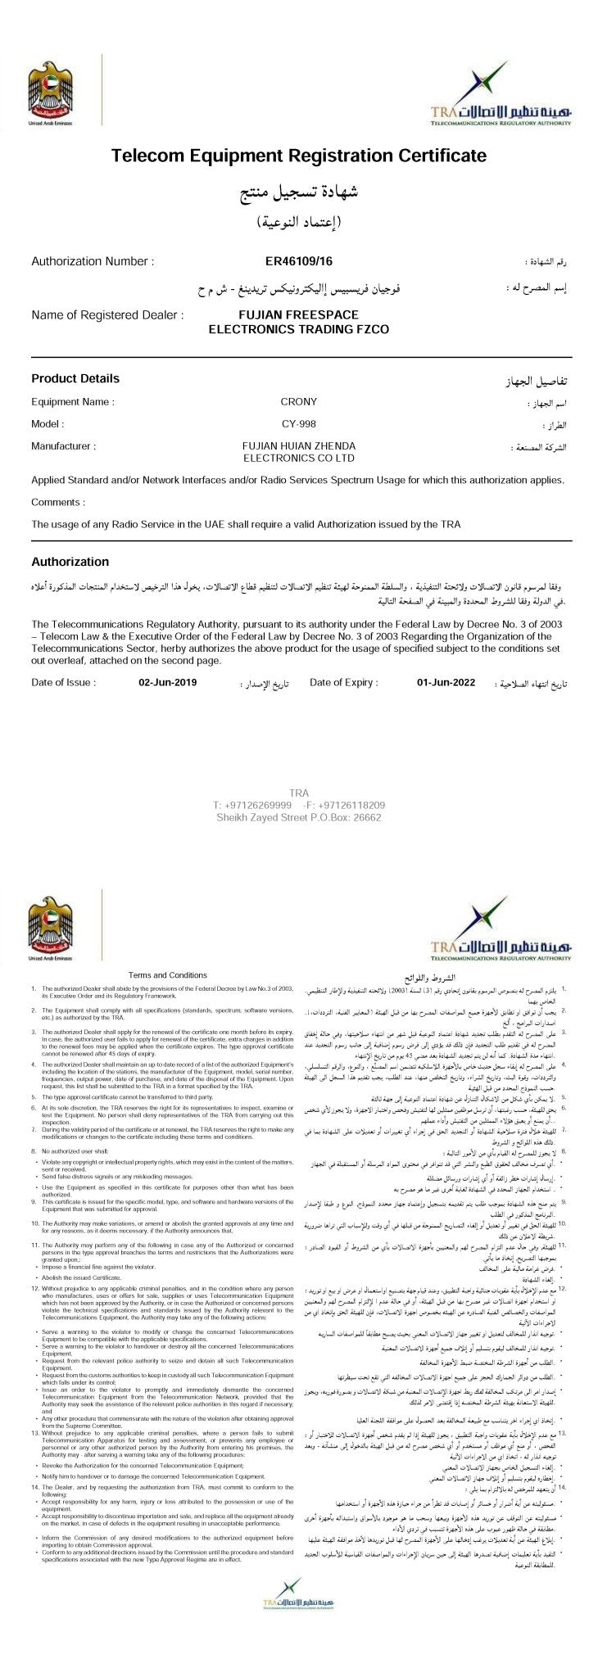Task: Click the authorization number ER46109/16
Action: (298, 262)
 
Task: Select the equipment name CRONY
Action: (298, 402)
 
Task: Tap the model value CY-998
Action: (298, 424)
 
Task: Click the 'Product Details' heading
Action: (75, 378)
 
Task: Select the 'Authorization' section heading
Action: (70, 562)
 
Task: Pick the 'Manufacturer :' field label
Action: (64, 446)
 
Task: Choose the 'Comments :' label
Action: (58, 502)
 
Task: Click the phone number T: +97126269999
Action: (246, 805)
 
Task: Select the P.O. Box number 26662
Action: (365, 817)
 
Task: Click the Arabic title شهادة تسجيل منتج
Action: (298, 194)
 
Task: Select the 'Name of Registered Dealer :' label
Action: (107, 314)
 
